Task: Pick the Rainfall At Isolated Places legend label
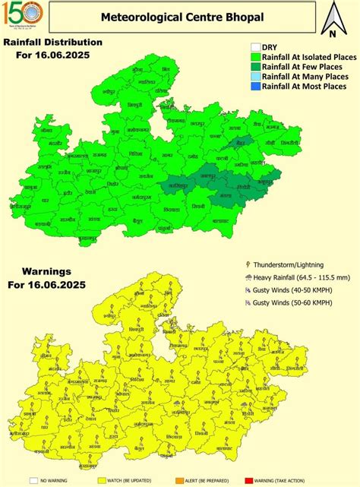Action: [x=304, y=56]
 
